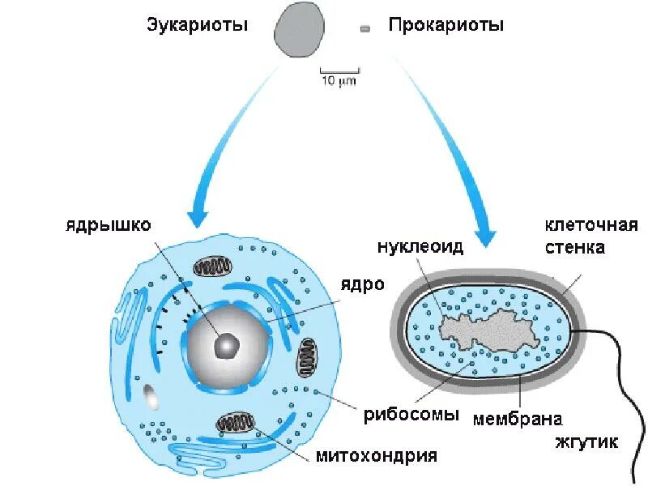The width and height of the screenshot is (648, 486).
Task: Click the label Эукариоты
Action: click(197, 25)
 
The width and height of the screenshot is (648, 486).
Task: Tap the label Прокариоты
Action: click(446, 25)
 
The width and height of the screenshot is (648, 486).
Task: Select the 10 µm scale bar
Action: click(339, 73)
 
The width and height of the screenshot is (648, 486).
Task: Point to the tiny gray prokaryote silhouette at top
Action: click(365, 29)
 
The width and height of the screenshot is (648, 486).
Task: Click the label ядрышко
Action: click(109, 224)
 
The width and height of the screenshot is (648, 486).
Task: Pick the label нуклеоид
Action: click(420, 247)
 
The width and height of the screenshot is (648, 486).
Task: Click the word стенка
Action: click(575, 247)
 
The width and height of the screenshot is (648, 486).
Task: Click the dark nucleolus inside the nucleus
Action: click(226, 347)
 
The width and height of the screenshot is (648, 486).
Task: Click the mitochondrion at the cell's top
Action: click(212, 267)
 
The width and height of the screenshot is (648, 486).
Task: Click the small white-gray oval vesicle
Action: click(151, 397)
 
